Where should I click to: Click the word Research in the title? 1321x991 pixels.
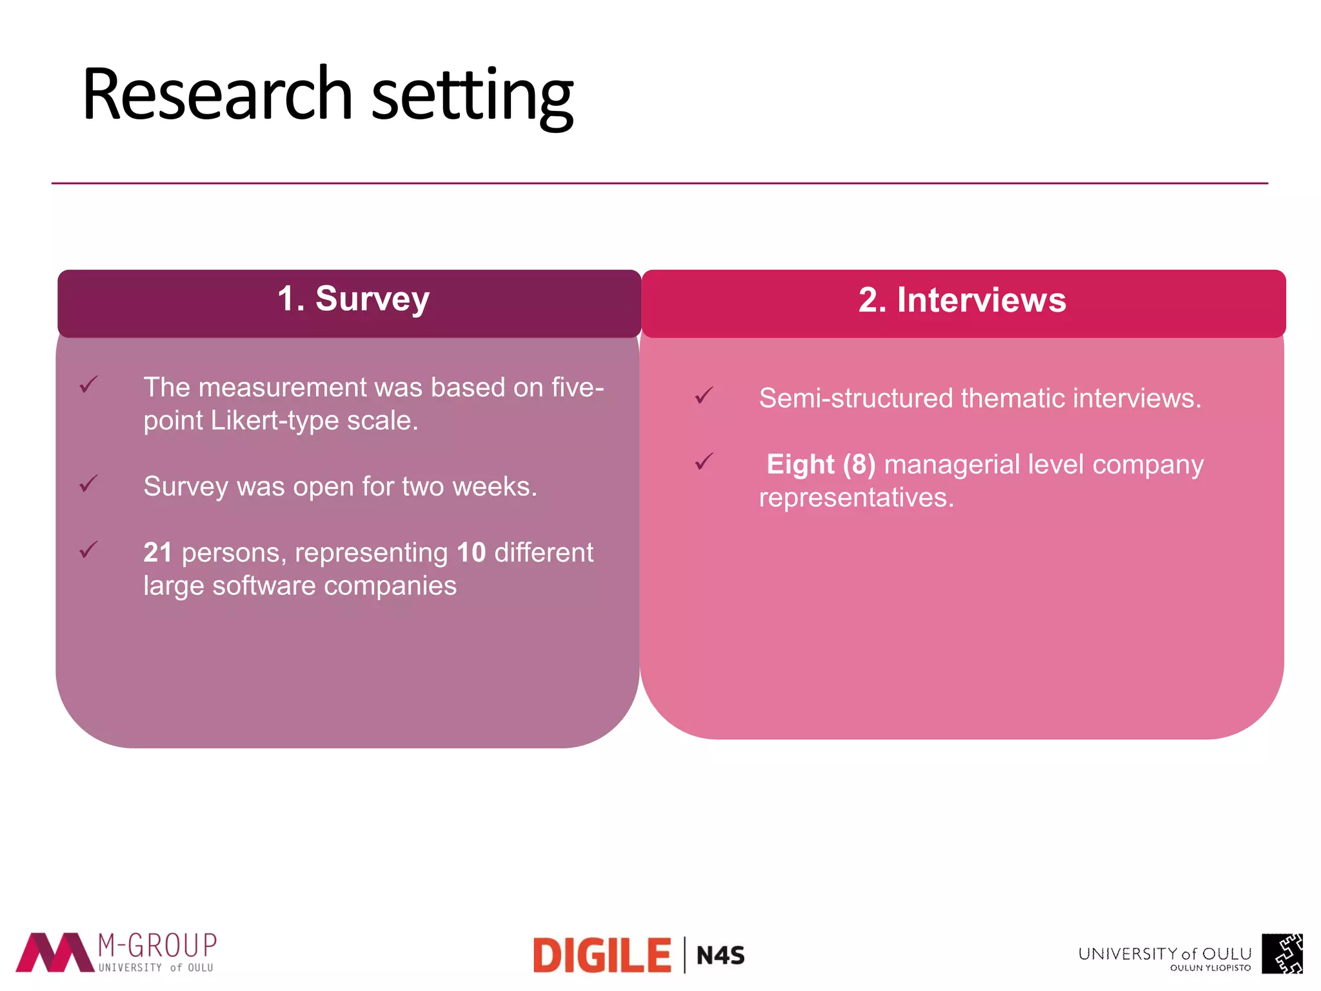click(x=217, y=95)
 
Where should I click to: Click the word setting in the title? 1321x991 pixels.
click(x=472, y=97)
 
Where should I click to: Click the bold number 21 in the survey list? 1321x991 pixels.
click(x=157, y=553)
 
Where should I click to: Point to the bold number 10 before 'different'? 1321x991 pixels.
click(x=471, y=553)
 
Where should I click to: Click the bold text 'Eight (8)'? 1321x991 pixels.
click(x=820, y=465)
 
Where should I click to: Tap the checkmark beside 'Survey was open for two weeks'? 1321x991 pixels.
click(x=88, y=483)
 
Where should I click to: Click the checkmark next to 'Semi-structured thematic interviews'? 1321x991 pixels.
click(x=704, y=395)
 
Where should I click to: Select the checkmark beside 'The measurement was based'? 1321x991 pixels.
click(x=88, y=385)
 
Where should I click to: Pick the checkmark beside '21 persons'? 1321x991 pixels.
click(x=88, y=550)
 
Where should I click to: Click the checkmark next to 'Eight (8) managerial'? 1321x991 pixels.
click(x=704, y=461)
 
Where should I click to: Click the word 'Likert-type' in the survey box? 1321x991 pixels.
click(x=275, y=421)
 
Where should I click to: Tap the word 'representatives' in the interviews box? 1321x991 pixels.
click(x=855, y=498)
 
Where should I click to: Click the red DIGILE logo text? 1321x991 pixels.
click(x=602, y=956)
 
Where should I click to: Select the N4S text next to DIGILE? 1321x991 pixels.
click(x=720, y=956)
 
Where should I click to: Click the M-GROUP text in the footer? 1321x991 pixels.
click(x=157, y=946)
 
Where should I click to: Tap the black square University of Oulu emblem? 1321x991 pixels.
click(x=1282, y=954)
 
